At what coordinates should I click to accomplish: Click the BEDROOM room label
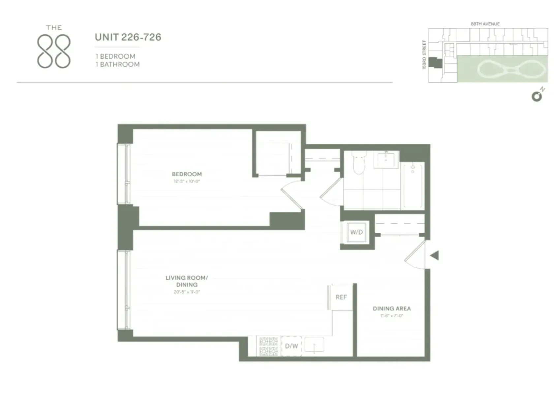[187, 174]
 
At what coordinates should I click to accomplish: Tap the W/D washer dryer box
[356, 232]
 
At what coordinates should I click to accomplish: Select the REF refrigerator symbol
[341, 297]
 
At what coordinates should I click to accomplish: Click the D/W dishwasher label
[291, 346]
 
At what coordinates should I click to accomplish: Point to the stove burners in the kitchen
[268, 346]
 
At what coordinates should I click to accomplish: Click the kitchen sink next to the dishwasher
[314, 345]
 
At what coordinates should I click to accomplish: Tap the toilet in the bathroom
[359, 162]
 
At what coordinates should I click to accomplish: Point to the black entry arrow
[434, 255]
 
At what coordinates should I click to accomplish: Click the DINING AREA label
[392, 309]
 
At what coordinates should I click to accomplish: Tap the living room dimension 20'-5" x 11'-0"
[187, 292]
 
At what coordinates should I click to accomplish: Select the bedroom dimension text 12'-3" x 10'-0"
[187, 182]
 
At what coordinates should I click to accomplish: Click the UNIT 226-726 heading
[128, 37]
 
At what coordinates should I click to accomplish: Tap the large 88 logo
[54, 51]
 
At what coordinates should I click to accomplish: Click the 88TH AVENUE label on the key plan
[485, 24]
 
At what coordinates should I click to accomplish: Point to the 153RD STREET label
[424, 55]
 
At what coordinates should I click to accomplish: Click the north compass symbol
[537, 96]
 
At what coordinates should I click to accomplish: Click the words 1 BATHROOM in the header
[117, 65]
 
